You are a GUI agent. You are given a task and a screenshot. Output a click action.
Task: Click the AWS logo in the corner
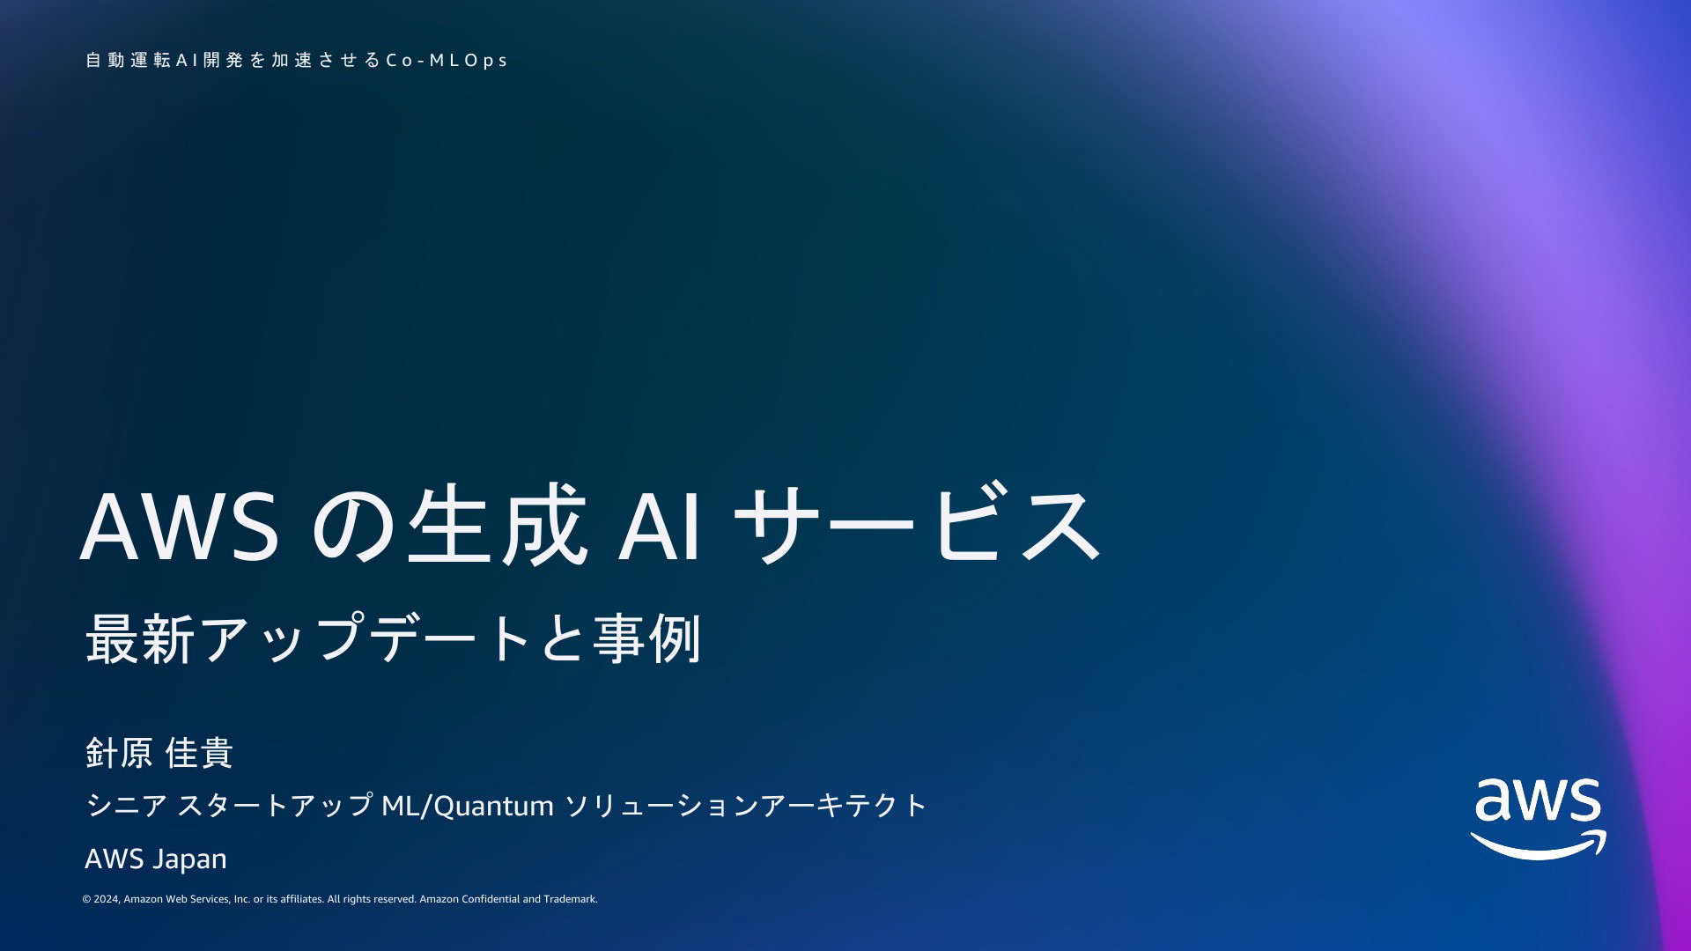[x=1538, y=819]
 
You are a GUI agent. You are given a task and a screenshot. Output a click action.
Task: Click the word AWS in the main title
[x=181, y=527]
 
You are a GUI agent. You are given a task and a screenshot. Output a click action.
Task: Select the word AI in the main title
[x=661, y=527]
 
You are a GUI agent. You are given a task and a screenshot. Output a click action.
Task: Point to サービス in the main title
[x=917, y=525]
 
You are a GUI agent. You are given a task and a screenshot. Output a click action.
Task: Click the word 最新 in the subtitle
[x=140, y=638]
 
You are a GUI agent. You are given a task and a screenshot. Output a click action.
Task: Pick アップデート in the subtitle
[x=366, y=638]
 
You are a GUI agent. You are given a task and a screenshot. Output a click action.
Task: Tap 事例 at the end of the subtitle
[x=646, y=638]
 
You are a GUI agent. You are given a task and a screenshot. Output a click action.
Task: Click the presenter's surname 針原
[x=120, y=753]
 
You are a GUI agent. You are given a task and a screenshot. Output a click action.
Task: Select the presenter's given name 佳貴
[x=199, y=753]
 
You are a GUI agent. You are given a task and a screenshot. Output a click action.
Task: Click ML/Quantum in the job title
[x=468, y=806]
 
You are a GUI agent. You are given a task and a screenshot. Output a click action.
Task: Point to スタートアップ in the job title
[x=275, y=805]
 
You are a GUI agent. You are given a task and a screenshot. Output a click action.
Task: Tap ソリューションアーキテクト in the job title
[x=745, y=805]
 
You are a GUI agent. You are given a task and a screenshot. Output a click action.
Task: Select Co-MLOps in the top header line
[x=447, y=61]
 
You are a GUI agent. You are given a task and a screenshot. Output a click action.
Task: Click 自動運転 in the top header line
[x=129, y=60]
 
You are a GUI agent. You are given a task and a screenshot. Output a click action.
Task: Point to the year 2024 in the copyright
[x=107, y=899]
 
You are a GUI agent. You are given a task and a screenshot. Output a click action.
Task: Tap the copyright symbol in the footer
[x=86, y=899]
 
